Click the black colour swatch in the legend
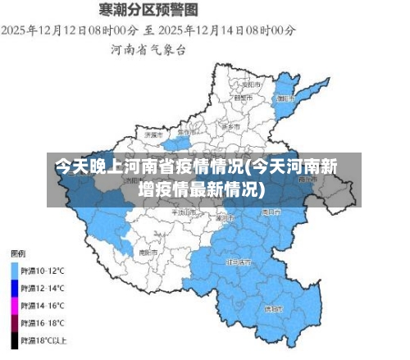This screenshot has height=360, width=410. [14, 339]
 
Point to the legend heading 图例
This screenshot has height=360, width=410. [17, 252]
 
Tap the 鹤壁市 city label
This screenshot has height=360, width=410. [243, 98]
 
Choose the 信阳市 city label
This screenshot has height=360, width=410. [273, 309]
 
